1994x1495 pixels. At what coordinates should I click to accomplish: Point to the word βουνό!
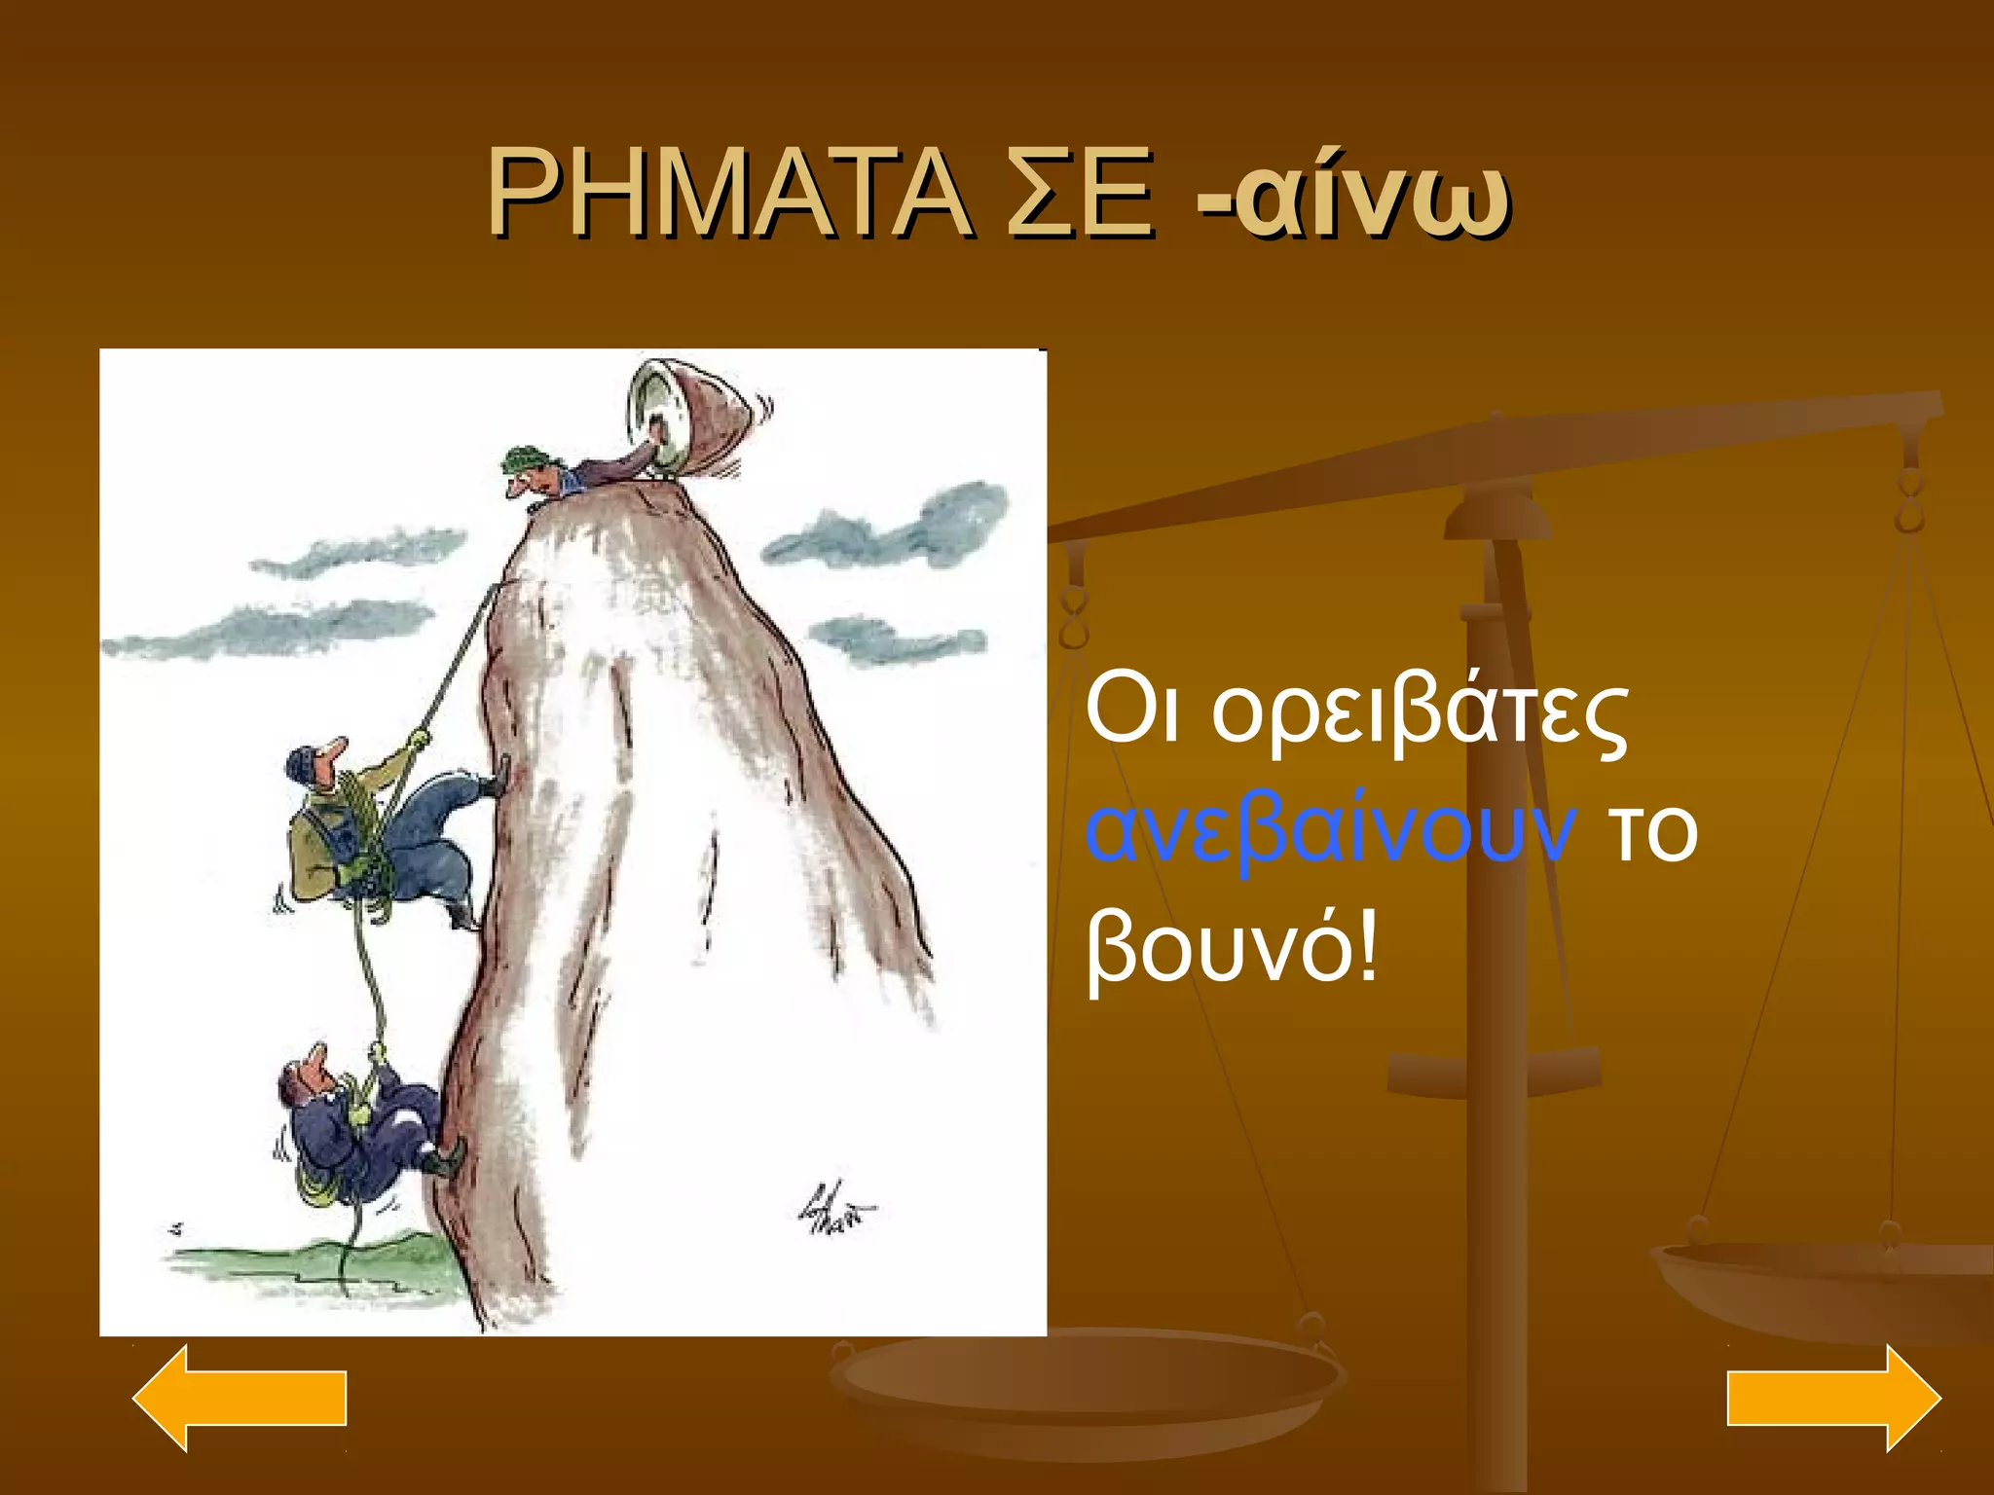pos(1233,949)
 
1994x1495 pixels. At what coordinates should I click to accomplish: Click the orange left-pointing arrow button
pos(240,1398)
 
